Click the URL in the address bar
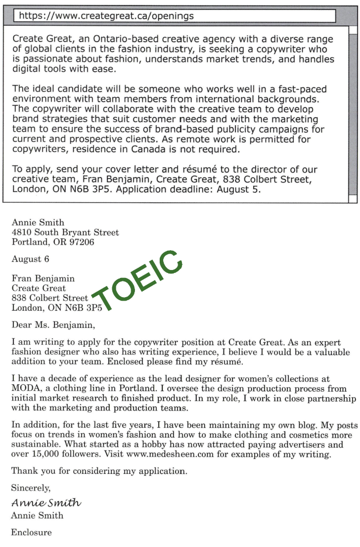pyautogui.click(x=106, y=16)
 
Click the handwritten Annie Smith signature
pyautogui.click(x=46, y=502)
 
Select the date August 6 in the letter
pyautogui.click(x=30, y=259)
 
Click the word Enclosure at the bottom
pyautogui.click(x=31, y=533)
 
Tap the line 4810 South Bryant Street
pyautogui.click(x=65, y=232)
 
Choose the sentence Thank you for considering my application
pyautogui.click(x=99, y=471)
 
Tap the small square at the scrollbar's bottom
pyautogui.click(x=353, y=199)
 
